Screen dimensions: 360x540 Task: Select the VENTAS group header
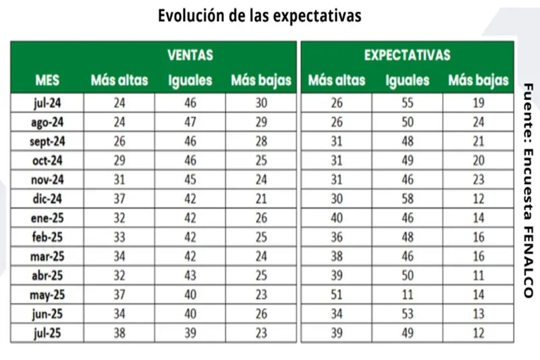point(190,55)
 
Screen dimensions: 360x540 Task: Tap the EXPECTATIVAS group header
point(407,55)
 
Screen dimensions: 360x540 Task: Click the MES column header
point(47,80)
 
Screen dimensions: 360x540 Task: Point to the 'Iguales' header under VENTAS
point(190,80)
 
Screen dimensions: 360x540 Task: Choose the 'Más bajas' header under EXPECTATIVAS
point(479,80)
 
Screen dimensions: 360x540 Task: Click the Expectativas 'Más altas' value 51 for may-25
point(336,295)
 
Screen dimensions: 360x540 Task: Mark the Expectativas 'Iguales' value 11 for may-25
point(407,295)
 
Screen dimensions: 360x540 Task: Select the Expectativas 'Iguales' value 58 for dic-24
point(407,199)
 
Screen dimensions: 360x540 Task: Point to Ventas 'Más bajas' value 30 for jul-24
point(261,103)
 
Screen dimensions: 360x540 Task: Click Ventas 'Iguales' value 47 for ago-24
point(190,122)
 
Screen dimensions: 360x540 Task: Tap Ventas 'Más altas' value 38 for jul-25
point(119,333)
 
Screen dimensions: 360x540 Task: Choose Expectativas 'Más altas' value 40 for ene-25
point(336,218)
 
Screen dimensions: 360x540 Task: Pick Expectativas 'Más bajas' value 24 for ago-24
point(479,122)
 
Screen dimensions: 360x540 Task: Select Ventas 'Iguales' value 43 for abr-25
point(190,276)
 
